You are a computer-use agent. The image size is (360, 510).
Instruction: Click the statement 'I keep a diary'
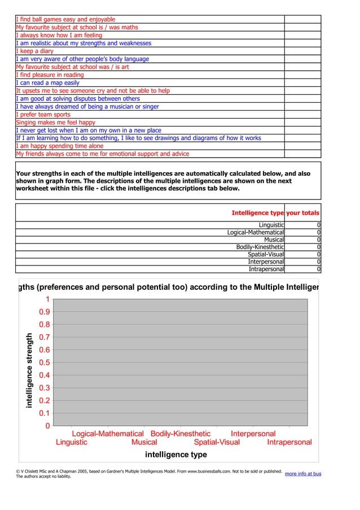(34, 51)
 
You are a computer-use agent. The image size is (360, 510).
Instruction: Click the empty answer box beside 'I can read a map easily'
(302, 82)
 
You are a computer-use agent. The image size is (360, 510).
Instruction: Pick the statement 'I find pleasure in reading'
(50, 75)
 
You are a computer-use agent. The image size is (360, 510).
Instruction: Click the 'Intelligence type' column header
(257, 213)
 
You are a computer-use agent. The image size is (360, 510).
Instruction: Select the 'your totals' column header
(302, 213)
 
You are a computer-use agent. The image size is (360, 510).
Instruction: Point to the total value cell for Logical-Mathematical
(302, 233)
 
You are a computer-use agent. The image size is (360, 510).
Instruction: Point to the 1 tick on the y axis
(48, 299)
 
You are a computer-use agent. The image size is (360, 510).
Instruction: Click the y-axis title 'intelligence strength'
(29, 370)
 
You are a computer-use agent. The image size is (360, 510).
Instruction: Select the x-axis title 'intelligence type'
(176, 454)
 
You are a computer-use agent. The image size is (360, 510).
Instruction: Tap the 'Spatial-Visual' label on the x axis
(217, 442)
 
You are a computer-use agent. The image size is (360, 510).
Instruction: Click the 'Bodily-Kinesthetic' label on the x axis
(180, 434)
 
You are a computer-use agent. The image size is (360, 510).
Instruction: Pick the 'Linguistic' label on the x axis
(72, 442)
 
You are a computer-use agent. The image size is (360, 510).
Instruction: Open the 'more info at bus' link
(303, 473)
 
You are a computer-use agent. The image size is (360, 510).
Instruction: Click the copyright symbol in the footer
(18, 471)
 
